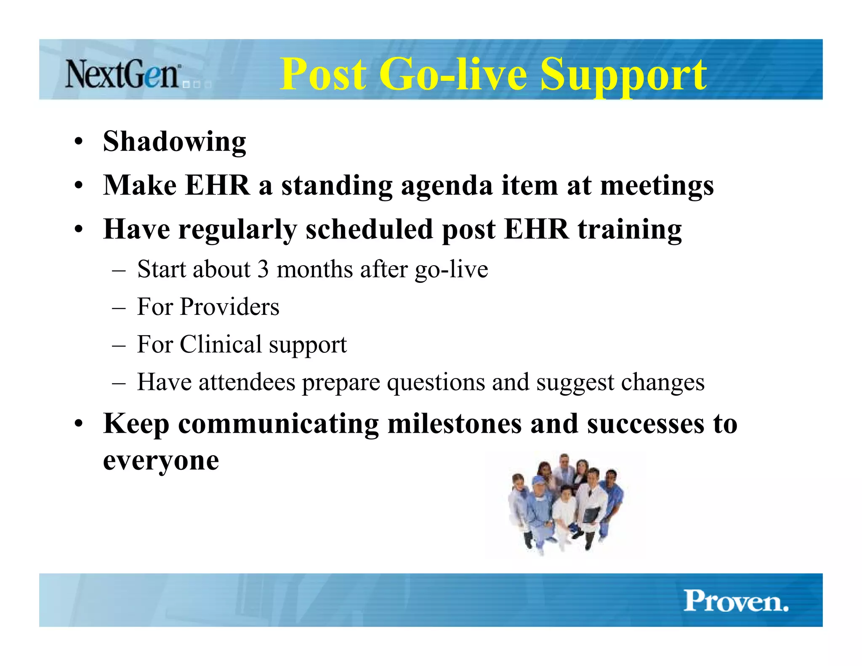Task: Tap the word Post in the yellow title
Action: point(323,75)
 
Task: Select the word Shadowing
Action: point(174,142)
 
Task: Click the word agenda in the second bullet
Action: point(447,186)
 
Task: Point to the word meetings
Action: point(657,186)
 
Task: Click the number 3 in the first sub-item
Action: point(263,269)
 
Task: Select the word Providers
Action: point(229,306)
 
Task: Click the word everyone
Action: point(161,461)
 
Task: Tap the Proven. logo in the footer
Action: point(736,601)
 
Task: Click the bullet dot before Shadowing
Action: point(78,142)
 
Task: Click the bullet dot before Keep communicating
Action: point(78,424)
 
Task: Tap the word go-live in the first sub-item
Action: point(451,269)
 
